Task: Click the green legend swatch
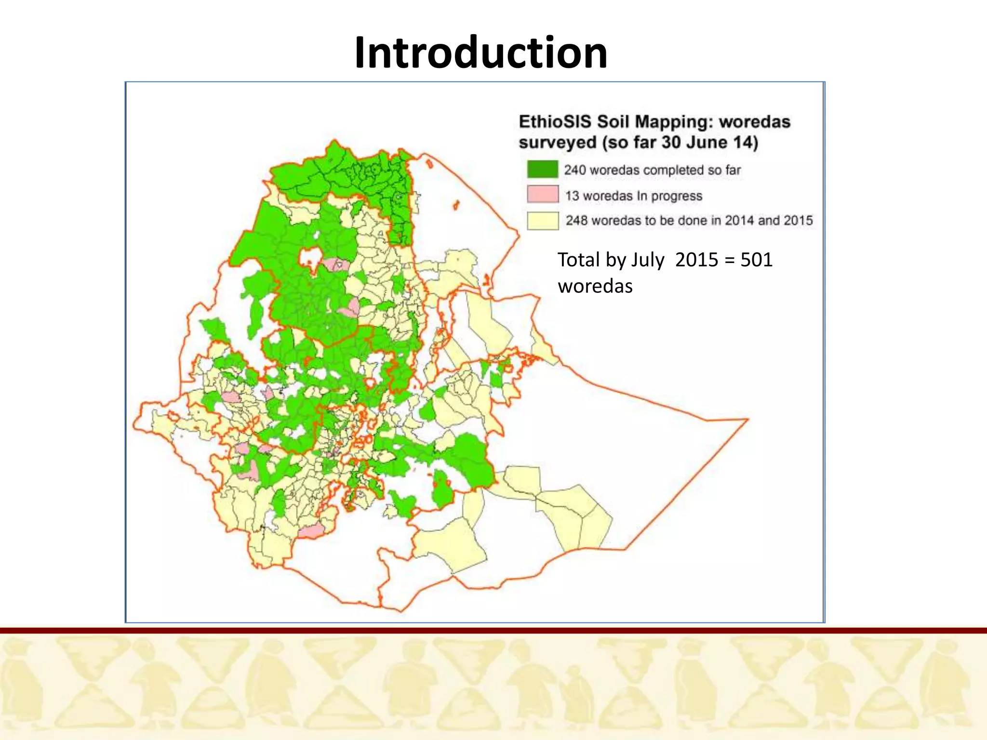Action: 542,170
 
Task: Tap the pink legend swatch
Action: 542,195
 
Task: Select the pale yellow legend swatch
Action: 542,221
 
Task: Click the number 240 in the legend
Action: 575,170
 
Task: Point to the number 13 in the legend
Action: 572,196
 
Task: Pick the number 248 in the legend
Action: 576,221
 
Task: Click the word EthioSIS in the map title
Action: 555,121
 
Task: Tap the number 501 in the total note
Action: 756,260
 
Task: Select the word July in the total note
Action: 648,260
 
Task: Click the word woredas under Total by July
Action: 595,286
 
